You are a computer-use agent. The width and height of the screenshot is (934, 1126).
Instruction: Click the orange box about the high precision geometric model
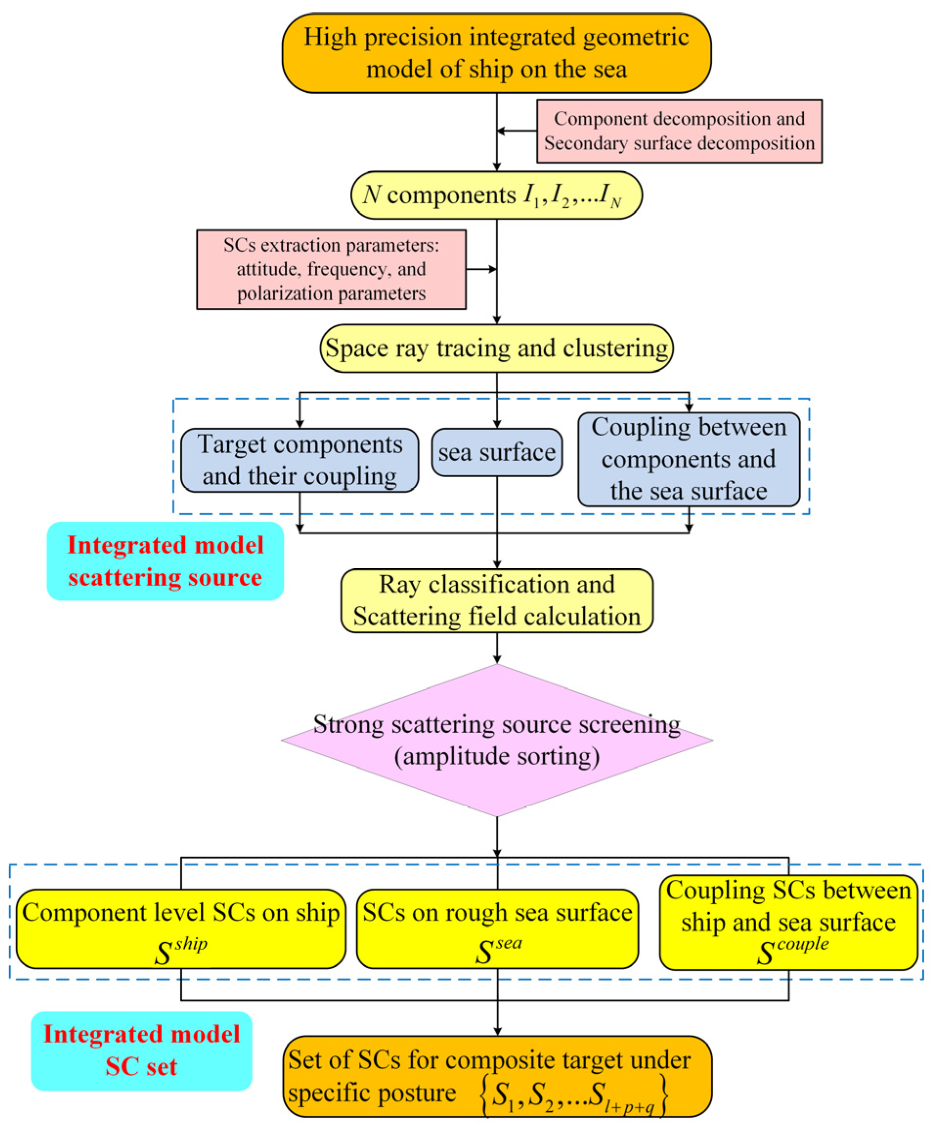(496, 53)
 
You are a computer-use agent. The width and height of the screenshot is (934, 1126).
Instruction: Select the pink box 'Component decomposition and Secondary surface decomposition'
(679, 131)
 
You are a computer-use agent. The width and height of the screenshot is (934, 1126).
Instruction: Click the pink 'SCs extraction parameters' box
(331, 269)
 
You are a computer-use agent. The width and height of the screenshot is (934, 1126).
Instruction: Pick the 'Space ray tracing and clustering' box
(496, 348)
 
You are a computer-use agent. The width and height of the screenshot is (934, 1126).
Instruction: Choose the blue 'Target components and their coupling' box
(300, 460)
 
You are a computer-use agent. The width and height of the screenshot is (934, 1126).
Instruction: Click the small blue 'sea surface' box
(496, 452)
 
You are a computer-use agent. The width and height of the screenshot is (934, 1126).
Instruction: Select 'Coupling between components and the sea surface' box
(688, 459)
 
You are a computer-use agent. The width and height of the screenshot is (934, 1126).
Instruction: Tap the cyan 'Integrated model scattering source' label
(165, 561)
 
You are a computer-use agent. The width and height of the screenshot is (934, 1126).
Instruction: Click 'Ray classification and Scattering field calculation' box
(496, 600)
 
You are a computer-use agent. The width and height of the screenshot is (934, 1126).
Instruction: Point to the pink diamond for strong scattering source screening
(496, 740)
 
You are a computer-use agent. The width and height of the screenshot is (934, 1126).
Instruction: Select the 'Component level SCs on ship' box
(181, 929)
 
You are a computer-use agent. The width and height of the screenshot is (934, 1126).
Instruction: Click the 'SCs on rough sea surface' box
(497, 929)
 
